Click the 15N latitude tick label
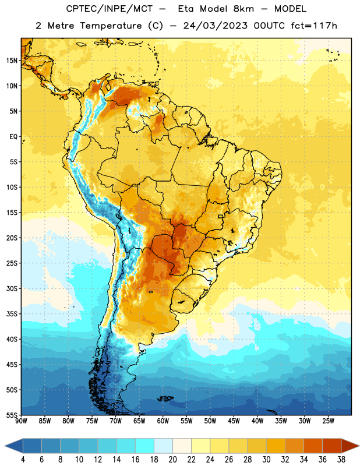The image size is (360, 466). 12,61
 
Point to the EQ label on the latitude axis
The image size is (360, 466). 13,137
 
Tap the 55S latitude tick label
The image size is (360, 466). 12,415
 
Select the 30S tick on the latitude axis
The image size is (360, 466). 12,288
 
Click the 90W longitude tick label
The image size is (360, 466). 21,421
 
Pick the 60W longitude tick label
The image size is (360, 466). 163,421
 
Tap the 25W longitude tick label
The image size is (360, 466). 328,421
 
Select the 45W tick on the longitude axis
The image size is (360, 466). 234,421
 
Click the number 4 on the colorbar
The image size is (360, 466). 23,460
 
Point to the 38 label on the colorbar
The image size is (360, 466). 341,460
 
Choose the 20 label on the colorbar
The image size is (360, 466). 172,460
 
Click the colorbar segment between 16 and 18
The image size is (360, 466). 145,446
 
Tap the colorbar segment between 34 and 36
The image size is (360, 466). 313,446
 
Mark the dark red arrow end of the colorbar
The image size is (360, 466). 350,446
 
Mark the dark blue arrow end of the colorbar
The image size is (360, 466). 14,446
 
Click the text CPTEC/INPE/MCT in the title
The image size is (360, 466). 110,9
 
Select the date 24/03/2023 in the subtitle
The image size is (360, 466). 215,26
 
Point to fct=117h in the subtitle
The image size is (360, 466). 314,26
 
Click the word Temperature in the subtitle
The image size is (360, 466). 111,26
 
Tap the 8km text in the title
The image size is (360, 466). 243,9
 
